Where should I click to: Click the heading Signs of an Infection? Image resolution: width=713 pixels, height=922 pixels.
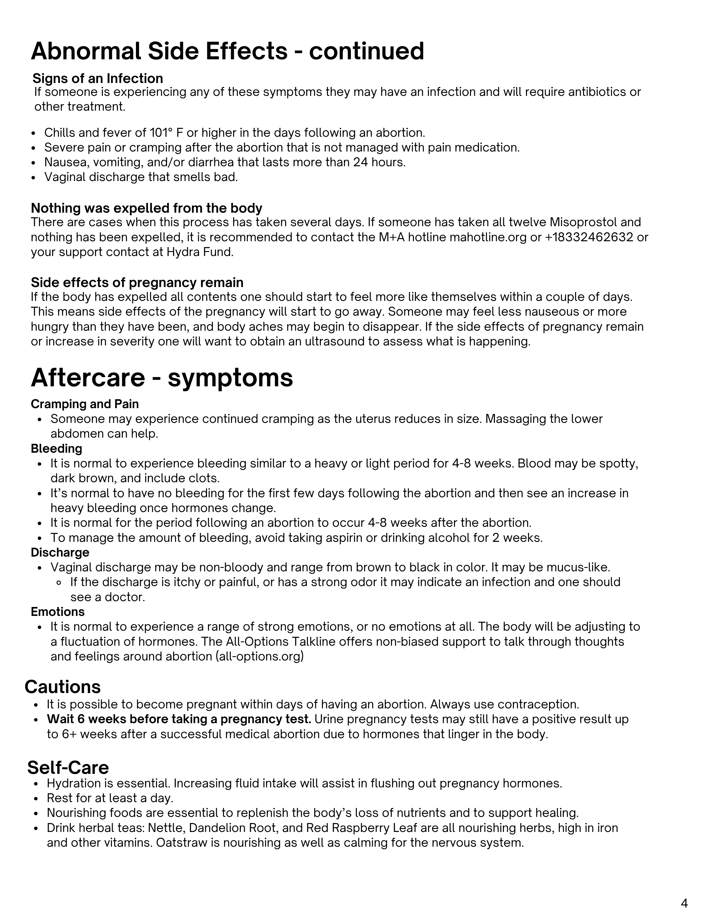pos(98,78)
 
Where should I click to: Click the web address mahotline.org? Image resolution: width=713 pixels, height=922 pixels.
pos(488,237)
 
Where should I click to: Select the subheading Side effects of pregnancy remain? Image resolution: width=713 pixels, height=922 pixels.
pos(137,282)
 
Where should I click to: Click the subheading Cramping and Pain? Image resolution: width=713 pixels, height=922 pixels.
pos(85,404)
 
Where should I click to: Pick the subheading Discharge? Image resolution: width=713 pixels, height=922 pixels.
pos(60,552)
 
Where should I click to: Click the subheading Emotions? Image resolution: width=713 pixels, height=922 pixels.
pos(58,612)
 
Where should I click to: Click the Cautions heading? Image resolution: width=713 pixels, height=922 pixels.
pos(62,687)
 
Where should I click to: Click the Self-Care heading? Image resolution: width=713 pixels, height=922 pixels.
pos(68,767)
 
